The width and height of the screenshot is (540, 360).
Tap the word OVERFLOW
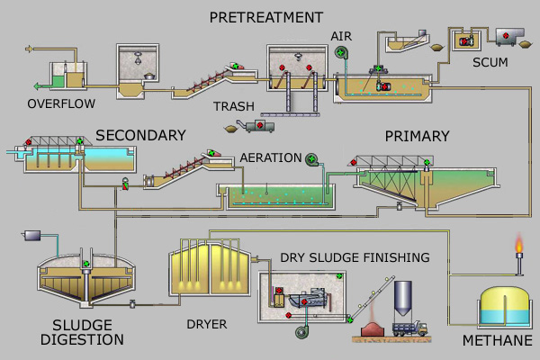coord(61,103)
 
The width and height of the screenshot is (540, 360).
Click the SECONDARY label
coord(140,135)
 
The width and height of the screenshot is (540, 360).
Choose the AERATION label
coord(271,157)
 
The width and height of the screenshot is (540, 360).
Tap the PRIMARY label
coord(417,136)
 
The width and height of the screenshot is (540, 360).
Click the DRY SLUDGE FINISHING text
coord(354,258)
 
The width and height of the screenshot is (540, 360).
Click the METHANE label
coord(498,340)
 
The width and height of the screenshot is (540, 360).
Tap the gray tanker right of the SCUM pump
coord(510,36)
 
